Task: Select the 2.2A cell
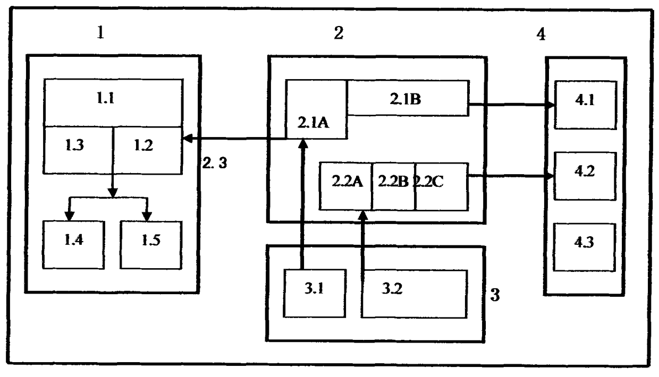(347, 183)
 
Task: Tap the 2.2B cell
(393, 183)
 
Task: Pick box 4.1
(585, 105)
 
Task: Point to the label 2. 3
(215, 164)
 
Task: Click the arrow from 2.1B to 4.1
(510, 105)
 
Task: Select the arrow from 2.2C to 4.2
(510, 176)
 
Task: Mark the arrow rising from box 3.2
(363, 239)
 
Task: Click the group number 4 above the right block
(540, 35)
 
